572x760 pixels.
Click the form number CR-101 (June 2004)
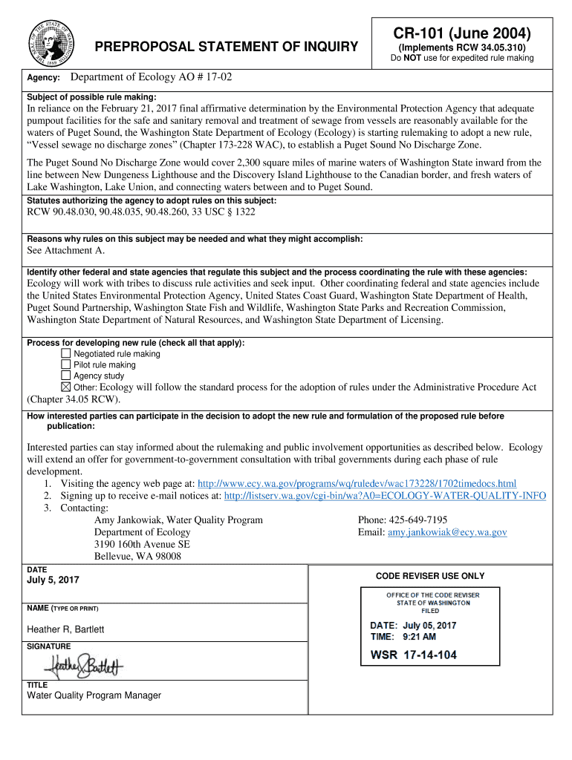(x=462, y=34)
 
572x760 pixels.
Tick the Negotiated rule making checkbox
(x=65, y=354)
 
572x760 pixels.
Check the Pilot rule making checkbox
(x=65, y=365)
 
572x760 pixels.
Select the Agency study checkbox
(x=65, y=376)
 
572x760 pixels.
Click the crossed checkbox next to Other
(x=65, y=387)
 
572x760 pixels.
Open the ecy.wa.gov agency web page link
(x=356, y=484)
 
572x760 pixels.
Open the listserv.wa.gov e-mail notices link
(x=385, y=496)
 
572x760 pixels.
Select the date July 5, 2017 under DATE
(x=53, y=580)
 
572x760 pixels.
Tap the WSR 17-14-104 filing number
(x=413, y=655)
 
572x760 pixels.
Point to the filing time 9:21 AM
(x=419, y=637)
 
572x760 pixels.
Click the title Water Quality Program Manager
(x=94, y=695)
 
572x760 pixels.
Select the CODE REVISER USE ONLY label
(x=429, y=576)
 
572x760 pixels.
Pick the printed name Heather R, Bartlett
(x=65, y=629)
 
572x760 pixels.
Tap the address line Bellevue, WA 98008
(x=137, y=556)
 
